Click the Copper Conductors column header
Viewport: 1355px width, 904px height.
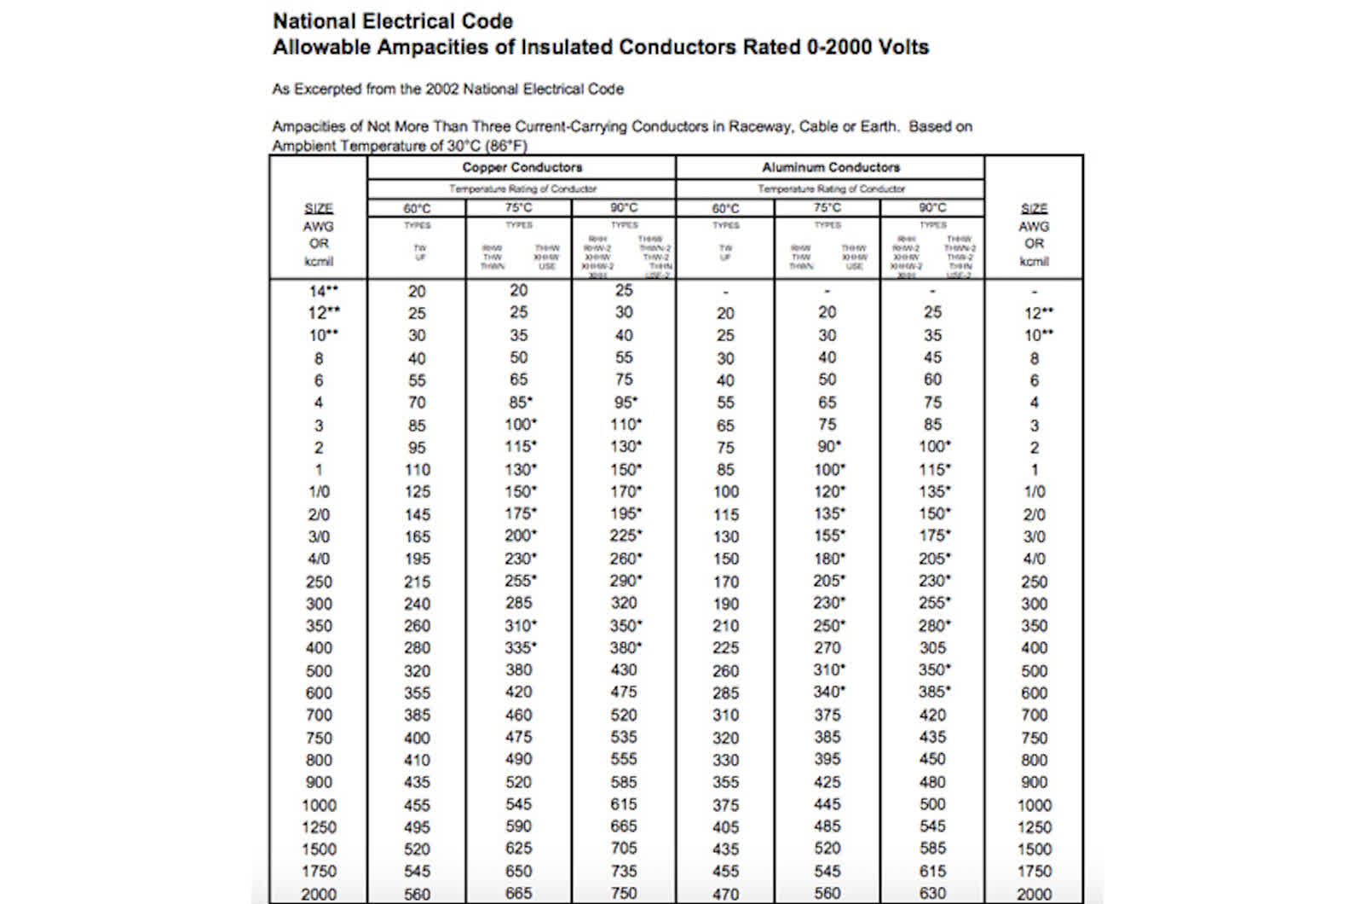[x=522, y=167]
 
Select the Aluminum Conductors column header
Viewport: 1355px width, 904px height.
[x=830, y=167]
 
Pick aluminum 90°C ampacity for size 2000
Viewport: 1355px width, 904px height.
[x=932, y=893]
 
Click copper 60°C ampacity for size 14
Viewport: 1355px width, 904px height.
[x=417, y=291]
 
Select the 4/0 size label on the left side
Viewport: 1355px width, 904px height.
[x=319, y=559]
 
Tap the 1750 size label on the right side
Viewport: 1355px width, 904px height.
[x=1034, y=871]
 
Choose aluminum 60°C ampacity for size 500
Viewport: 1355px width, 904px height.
[x=725, y=671]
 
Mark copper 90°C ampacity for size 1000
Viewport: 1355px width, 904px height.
[x=624, y=804]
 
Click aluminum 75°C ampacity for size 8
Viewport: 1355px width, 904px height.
[x=827, y=357]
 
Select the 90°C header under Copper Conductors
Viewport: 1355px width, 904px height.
[x=624, y=207]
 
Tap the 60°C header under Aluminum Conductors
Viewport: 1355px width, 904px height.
[x=725, y=208]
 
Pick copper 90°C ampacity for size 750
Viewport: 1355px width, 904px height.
[x=624, y=737]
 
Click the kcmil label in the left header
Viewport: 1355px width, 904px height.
[x=319, y=261]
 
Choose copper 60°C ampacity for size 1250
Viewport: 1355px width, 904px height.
[x=417, y=827]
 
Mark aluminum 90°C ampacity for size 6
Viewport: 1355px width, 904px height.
[x=932, y=380]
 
